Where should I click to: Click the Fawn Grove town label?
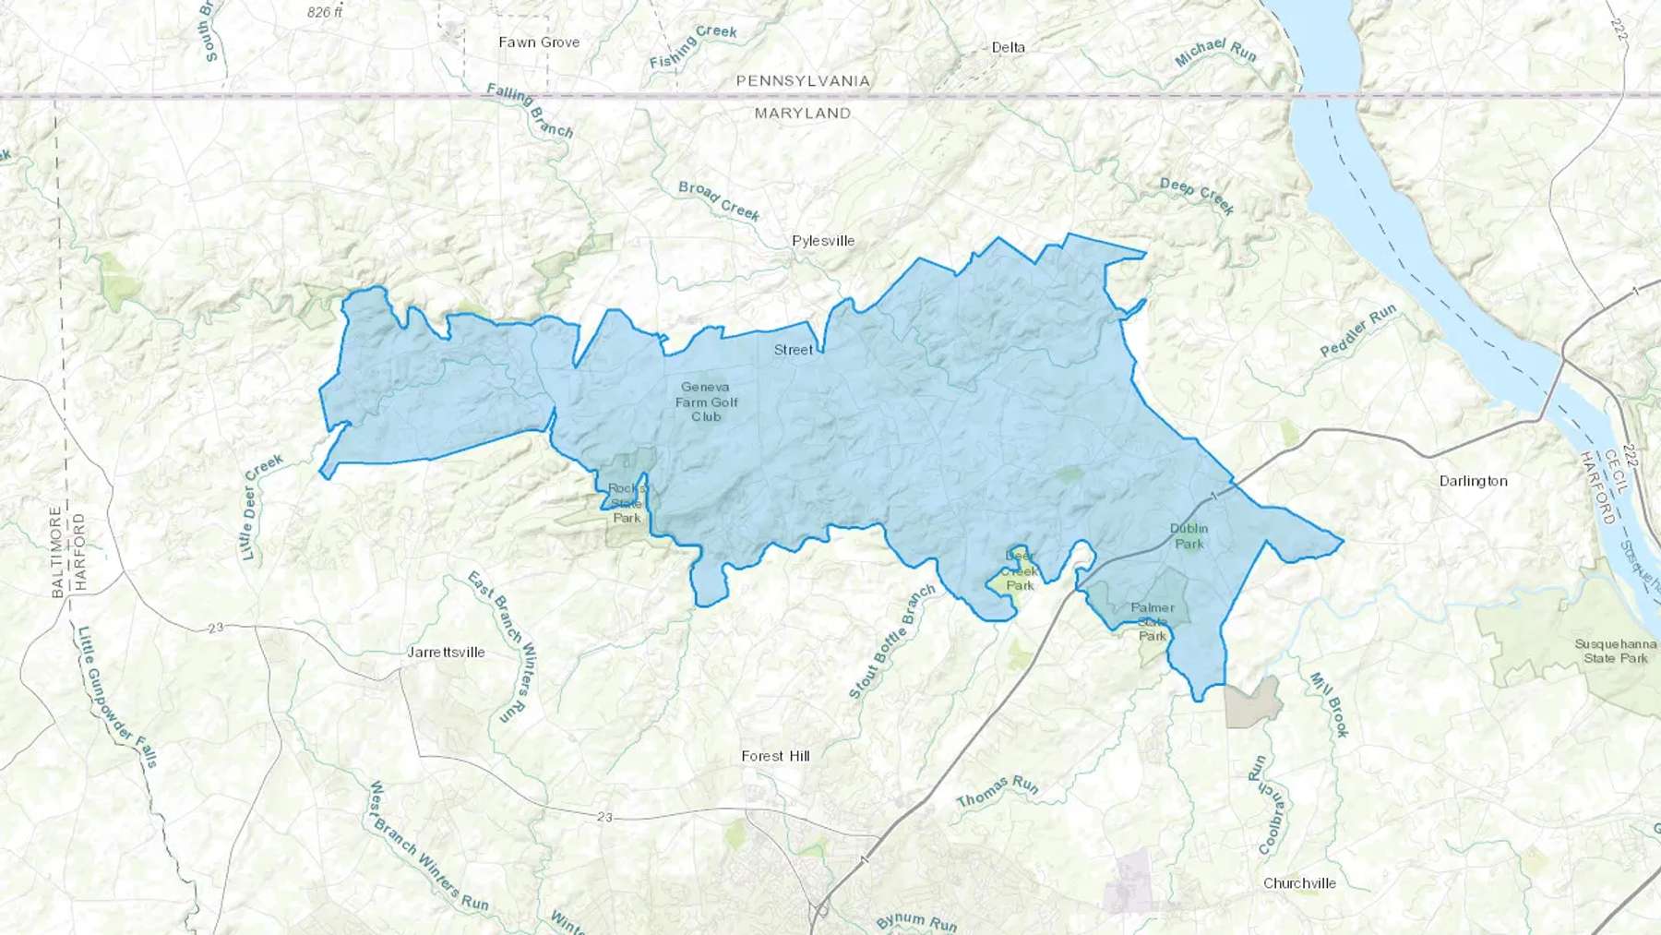click(x=539, y=42)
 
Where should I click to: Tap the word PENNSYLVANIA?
click(x=802, y=81)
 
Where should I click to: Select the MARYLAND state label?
click(x=802, y=113)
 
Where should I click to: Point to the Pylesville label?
click(x=823, y=241)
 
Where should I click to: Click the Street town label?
click(x=793, y=350)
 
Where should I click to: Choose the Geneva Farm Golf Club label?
click(x=706, y=402)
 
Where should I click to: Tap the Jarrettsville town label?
click(x=446, y=652)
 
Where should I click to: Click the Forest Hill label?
click(x=775, y=756)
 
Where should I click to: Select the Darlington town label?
click(x=1473, y=481)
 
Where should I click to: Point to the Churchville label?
click(x=1299, y=883)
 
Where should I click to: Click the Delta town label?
click(x=1008, y=47)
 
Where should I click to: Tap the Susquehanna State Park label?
click(x=1615, y=651)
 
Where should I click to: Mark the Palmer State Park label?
click(x=1153, y=621)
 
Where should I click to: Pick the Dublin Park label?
click(x=1189, y=536)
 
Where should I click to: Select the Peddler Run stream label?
click(x=1357, y=331)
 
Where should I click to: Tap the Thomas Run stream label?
click(x=998, y=790)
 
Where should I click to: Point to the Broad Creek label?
click(x=719, y=201)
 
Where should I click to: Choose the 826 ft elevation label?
click(x=325, y=12)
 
